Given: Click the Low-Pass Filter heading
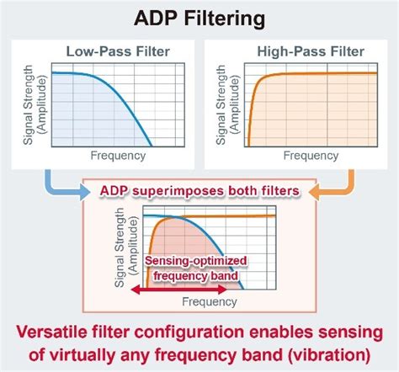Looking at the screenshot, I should [118, 51].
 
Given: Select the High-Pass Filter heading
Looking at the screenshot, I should [299, 51].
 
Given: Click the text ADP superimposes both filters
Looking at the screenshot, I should [199, 191].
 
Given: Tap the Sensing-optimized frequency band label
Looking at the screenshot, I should [190, 268].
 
